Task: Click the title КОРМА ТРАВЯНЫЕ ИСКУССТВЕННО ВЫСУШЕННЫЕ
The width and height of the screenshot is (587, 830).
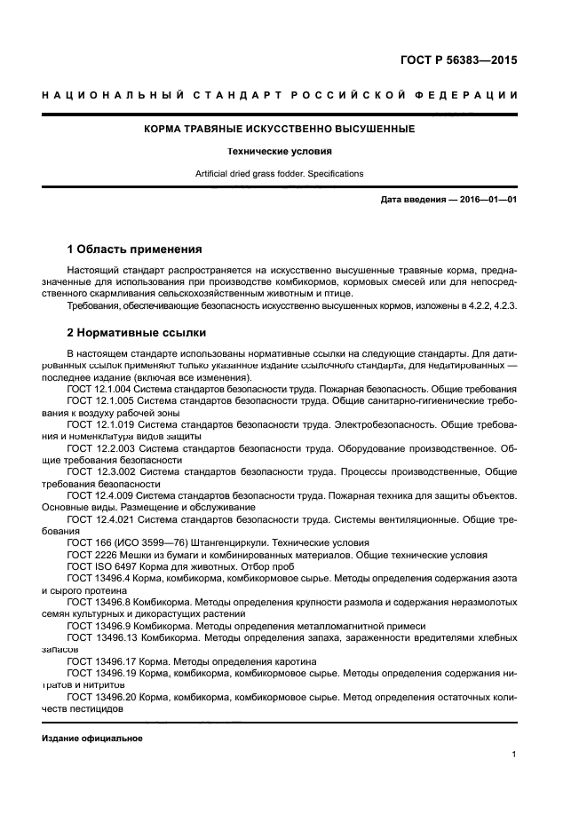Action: pyautogui.click(x=280, y=130)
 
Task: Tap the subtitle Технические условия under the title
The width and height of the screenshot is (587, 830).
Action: pyautogui.click(x=280, y=152)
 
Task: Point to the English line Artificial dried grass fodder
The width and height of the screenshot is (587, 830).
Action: pyautogui.click(x=280, y=174)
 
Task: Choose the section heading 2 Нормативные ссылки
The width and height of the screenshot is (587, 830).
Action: pyautogui.click(x=137, y=333)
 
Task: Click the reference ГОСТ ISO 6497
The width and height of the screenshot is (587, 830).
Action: pyautogui.click(x=100, y=565)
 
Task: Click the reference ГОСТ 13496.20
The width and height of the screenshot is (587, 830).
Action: pyautogui.click(x=102, y=698)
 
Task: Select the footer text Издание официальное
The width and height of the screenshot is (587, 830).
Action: pyautogui.click(x=92, y=739)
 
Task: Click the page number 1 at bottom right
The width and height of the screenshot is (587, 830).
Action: pyautogui.click(x=514, y=755)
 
